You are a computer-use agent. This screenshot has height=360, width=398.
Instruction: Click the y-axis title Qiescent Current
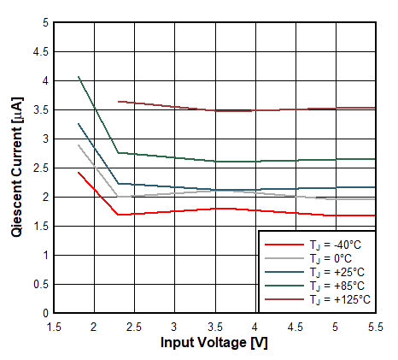click(18, 168)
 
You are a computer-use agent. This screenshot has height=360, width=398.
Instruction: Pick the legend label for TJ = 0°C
click(337, 258)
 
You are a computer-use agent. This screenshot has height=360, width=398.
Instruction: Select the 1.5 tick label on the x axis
click(53, 326)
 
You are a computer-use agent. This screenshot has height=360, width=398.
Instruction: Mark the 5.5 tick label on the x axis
click(375, 326)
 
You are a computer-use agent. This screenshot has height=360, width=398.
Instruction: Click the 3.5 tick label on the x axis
click(214, 326)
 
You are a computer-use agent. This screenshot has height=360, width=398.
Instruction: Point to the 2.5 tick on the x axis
click(133, 326)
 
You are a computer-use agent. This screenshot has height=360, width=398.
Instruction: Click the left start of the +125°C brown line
click(118, 101)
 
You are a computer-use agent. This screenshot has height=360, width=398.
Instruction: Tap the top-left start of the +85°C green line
click(78, 76)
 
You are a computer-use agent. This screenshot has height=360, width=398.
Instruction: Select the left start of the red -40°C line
click(78, 172)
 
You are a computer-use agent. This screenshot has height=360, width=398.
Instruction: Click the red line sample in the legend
click(283, 245)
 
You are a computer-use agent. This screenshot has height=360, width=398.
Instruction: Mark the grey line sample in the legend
click(283, 258)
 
